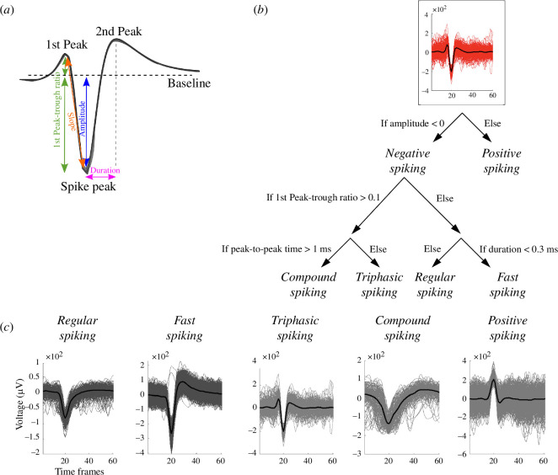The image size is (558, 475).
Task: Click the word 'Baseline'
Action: pyautogui.click(x=190, y=83)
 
